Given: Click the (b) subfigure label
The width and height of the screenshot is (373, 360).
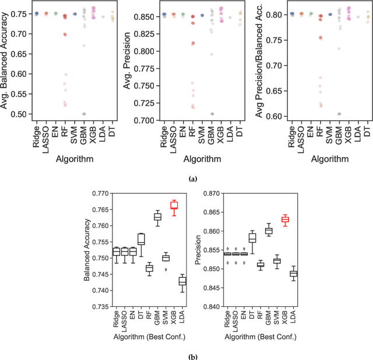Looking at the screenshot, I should (186, 354).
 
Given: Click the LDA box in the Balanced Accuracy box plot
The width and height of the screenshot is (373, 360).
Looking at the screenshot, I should (182, 281).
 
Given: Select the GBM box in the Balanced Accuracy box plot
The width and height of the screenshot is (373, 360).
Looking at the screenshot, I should (157, 217).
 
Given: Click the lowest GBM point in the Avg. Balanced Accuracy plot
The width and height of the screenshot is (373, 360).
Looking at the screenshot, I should (84, 114).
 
